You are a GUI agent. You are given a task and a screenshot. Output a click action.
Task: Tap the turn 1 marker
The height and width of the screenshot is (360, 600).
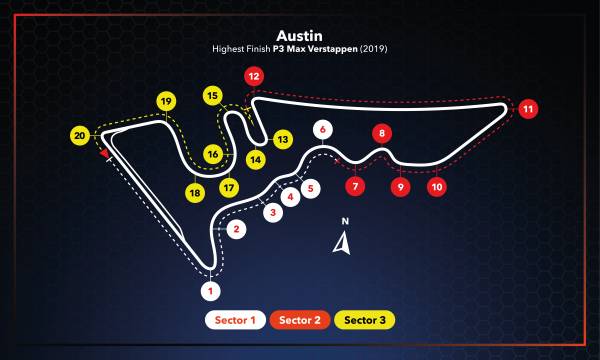(209, 291)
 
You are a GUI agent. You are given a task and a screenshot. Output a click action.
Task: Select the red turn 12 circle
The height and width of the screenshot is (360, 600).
(254, 76)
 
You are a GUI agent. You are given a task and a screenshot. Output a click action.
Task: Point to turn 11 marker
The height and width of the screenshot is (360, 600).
(528, 108)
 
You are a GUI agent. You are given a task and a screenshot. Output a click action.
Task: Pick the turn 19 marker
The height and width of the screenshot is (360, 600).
(166, 100)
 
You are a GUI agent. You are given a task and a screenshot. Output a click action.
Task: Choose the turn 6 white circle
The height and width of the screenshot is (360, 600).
(321, 129)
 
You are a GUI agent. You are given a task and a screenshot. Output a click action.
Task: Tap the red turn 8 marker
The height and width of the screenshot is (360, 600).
(380, 133)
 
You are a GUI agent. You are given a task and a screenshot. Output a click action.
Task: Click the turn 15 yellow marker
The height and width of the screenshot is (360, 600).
(212, 95)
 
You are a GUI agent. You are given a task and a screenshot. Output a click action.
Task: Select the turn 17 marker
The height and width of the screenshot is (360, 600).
(230, 187)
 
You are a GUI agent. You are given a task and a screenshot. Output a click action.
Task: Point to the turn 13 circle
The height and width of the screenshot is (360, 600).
(283, 139)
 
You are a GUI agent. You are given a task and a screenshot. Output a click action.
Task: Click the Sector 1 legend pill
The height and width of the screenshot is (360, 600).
(236, 320)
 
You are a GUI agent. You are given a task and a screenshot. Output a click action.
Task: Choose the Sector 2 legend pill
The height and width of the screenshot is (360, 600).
(300, 320)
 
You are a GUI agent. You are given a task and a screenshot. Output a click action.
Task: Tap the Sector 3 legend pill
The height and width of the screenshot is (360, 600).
(364, 320)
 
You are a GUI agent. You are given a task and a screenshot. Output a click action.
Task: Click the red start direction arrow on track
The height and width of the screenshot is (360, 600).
(104, 154)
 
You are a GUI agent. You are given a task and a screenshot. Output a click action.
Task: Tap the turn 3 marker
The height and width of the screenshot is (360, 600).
(272, 212)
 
